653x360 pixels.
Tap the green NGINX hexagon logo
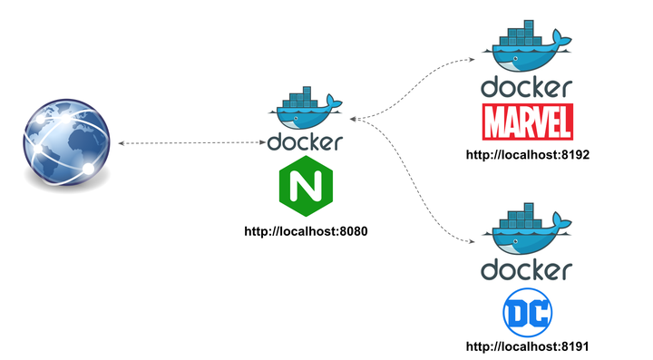305,185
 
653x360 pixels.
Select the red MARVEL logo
527,121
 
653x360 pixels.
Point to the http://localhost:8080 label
306,231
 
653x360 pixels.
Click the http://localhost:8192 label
528,155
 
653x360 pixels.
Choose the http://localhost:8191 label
528,346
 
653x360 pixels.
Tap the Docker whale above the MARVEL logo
527,50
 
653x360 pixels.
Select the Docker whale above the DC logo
527,233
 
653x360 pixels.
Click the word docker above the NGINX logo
306,142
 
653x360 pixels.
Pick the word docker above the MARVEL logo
527,88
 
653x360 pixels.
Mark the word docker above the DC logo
527,270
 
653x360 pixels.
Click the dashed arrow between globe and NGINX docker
190,143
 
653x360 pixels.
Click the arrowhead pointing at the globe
122,143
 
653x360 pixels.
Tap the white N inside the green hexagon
305,186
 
